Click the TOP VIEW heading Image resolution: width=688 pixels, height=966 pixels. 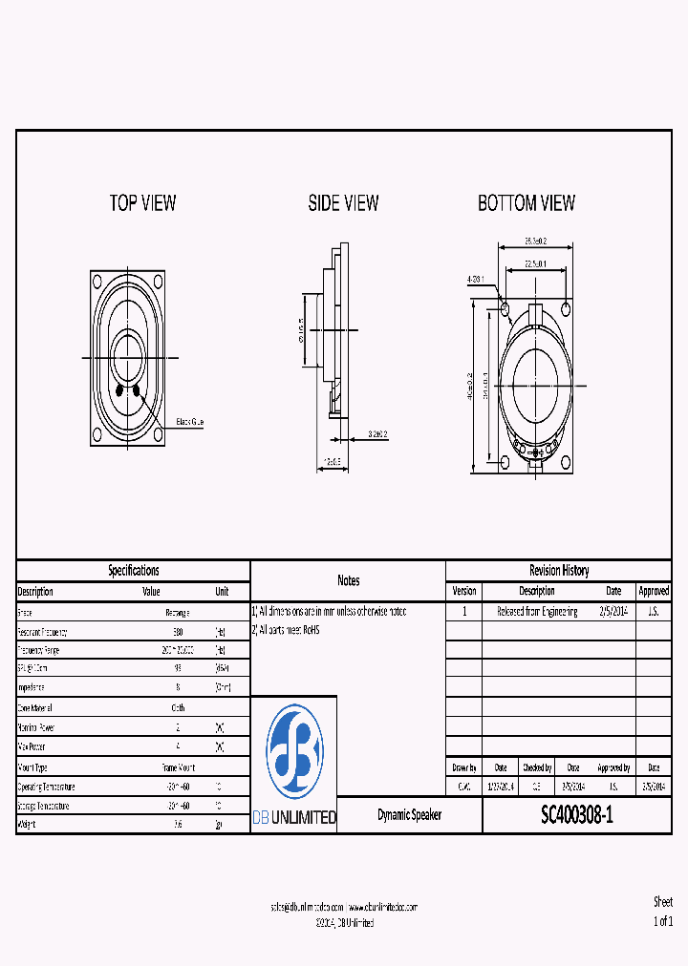click(x=142, y=202)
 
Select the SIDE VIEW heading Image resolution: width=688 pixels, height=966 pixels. click(x=343, y=202)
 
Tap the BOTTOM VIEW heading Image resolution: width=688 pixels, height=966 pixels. click(x=527, y=202)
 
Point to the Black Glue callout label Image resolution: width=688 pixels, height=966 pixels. click(x=189, y=422)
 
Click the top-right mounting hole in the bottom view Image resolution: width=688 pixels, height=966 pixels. click(x=567, y=307)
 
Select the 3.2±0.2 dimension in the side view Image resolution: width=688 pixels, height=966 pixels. click(x=377, y=434)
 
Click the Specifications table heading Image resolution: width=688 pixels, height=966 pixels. click(x=133, y=571)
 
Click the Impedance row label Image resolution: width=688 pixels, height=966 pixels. click(x=32, y=687)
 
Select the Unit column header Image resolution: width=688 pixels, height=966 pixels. click(x=222, y=591)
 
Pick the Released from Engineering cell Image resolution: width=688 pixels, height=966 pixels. click(x=537, y=612)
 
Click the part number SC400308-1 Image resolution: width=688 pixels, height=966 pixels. click(x=577, y=815)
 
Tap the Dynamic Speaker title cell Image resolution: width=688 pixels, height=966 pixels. click(x=409, y=815)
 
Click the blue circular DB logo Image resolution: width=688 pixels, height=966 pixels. click(x=294, y=753)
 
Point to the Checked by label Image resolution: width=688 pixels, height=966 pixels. click(x=536, y=767)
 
